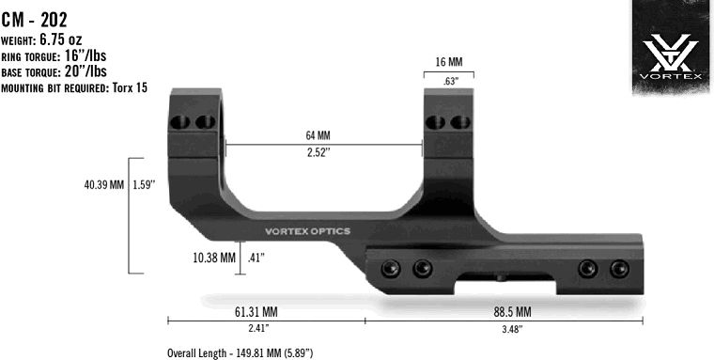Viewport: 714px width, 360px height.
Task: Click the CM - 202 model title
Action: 34,18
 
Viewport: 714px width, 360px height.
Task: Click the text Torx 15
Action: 130,87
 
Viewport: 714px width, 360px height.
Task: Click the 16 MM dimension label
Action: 448,62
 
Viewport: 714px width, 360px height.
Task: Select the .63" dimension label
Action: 449,82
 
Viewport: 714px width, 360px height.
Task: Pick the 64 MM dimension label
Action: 319,135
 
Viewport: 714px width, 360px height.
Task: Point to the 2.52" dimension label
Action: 319,153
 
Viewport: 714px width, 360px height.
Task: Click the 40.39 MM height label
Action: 104,185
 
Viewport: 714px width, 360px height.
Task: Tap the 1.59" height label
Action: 146,185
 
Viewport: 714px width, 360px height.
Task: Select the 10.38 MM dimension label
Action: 214,257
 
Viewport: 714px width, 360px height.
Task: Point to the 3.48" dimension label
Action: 510,329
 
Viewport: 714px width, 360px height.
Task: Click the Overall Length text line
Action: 240,352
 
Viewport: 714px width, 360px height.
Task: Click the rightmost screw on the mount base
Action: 618,269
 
